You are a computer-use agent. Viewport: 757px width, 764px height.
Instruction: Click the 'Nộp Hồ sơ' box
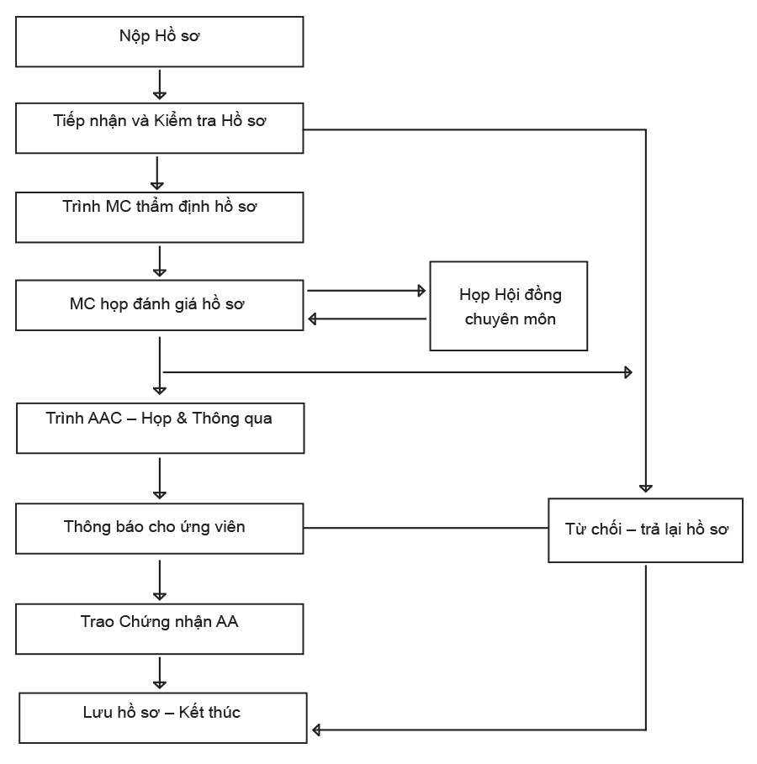160,42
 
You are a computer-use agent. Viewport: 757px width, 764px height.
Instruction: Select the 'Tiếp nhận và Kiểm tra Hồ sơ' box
160,128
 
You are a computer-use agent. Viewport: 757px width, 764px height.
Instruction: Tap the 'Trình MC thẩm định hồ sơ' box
160,218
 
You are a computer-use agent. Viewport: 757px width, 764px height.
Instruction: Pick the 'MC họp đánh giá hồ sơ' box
160,305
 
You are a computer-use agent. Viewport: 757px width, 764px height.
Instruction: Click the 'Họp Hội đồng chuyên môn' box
509,306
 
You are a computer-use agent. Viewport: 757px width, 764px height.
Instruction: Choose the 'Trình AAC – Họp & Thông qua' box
161,429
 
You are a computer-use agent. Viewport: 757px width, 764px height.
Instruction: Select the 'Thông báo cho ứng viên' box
160,529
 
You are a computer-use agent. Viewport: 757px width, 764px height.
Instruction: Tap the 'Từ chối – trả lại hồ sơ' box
646,530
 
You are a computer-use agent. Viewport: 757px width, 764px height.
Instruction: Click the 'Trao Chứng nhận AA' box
160,629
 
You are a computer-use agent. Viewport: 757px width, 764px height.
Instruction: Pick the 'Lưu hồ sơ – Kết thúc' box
163,718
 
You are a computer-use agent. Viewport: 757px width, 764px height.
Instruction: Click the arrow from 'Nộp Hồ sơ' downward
160,85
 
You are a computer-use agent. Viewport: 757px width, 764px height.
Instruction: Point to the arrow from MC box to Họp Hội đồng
367,291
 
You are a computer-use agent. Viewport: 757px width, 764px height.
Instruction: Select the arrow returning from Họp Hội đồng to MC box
368,319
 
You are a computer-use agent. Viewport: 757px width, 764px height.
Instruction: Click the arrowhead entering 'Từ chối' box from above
646,488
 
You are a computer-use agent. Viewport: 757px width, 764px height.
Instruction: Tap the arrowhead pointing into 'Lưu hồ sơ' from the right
316,730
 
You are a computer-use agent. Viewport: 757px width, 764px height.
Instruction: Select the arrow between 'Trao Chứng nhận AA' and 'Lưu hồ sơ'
160,673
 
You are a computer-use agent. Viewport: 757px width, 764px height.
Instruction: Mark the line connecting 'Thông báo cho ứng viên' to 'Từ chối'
426,528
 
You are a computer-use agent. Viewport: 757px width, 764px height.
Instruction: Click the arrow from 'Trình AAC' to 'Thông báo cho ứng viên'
160,478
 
